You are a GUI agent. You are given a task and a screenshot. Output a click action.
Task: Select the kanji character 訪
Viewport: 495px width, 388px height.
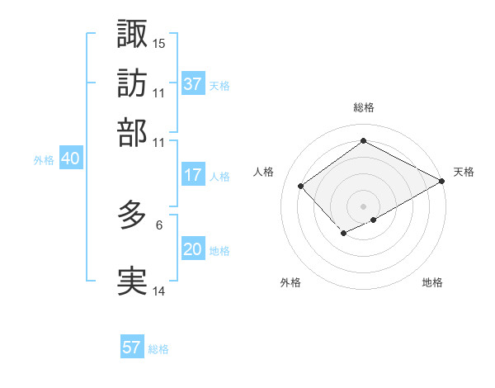[132, 83]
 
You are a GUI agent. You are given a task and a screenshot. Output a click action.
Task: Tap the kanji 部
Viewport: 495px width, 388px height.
[132, 132]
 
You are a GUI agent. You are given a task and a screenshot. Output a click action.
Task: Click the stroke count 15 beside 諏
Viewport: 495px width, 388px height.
[159, 43]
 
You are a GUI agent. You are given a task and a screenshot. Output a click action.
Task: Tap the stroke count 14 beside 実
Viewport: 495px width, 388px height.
[159, 291]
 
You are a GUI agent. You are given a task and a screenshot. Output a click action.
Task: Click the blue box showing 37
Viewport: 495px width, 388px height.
[193, 84]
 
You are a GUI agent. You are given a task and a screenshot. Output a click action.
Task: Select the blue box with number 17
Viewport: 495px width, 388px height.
[193, 175]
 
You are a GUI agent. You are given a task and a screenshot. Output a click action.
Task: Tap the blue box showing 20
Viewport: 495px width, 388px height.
[193, 250]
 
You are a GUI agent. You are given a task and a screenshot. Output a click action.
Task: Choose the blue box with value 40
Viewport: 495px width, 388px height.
[70, 159]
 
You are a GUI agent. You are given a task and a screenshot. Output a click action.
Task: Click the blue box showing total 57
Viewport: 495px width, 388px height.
[132, 348]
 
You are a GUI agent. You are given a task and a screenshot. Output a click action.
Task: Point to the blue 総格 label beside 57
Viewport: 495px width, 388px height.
[158, 349]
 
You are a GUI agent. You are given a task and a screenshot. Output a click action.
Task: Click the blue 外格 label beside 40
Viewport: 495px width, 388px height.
[44, 160]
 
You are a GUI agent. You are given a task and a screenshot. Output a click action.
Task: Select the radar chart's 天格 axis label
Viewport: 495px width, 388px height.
[464, 172]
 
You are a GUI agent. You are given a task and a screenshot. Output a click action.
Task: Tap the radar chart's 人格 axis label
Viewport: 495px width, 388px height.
[264, 172]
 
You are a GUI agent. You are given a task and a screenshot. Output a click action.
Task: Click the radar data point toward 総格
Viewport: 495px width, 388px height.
[363, 141]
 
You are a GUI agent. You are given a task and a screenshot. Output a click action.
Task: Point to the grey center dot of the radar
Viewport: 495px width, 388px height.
[363, 206]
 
